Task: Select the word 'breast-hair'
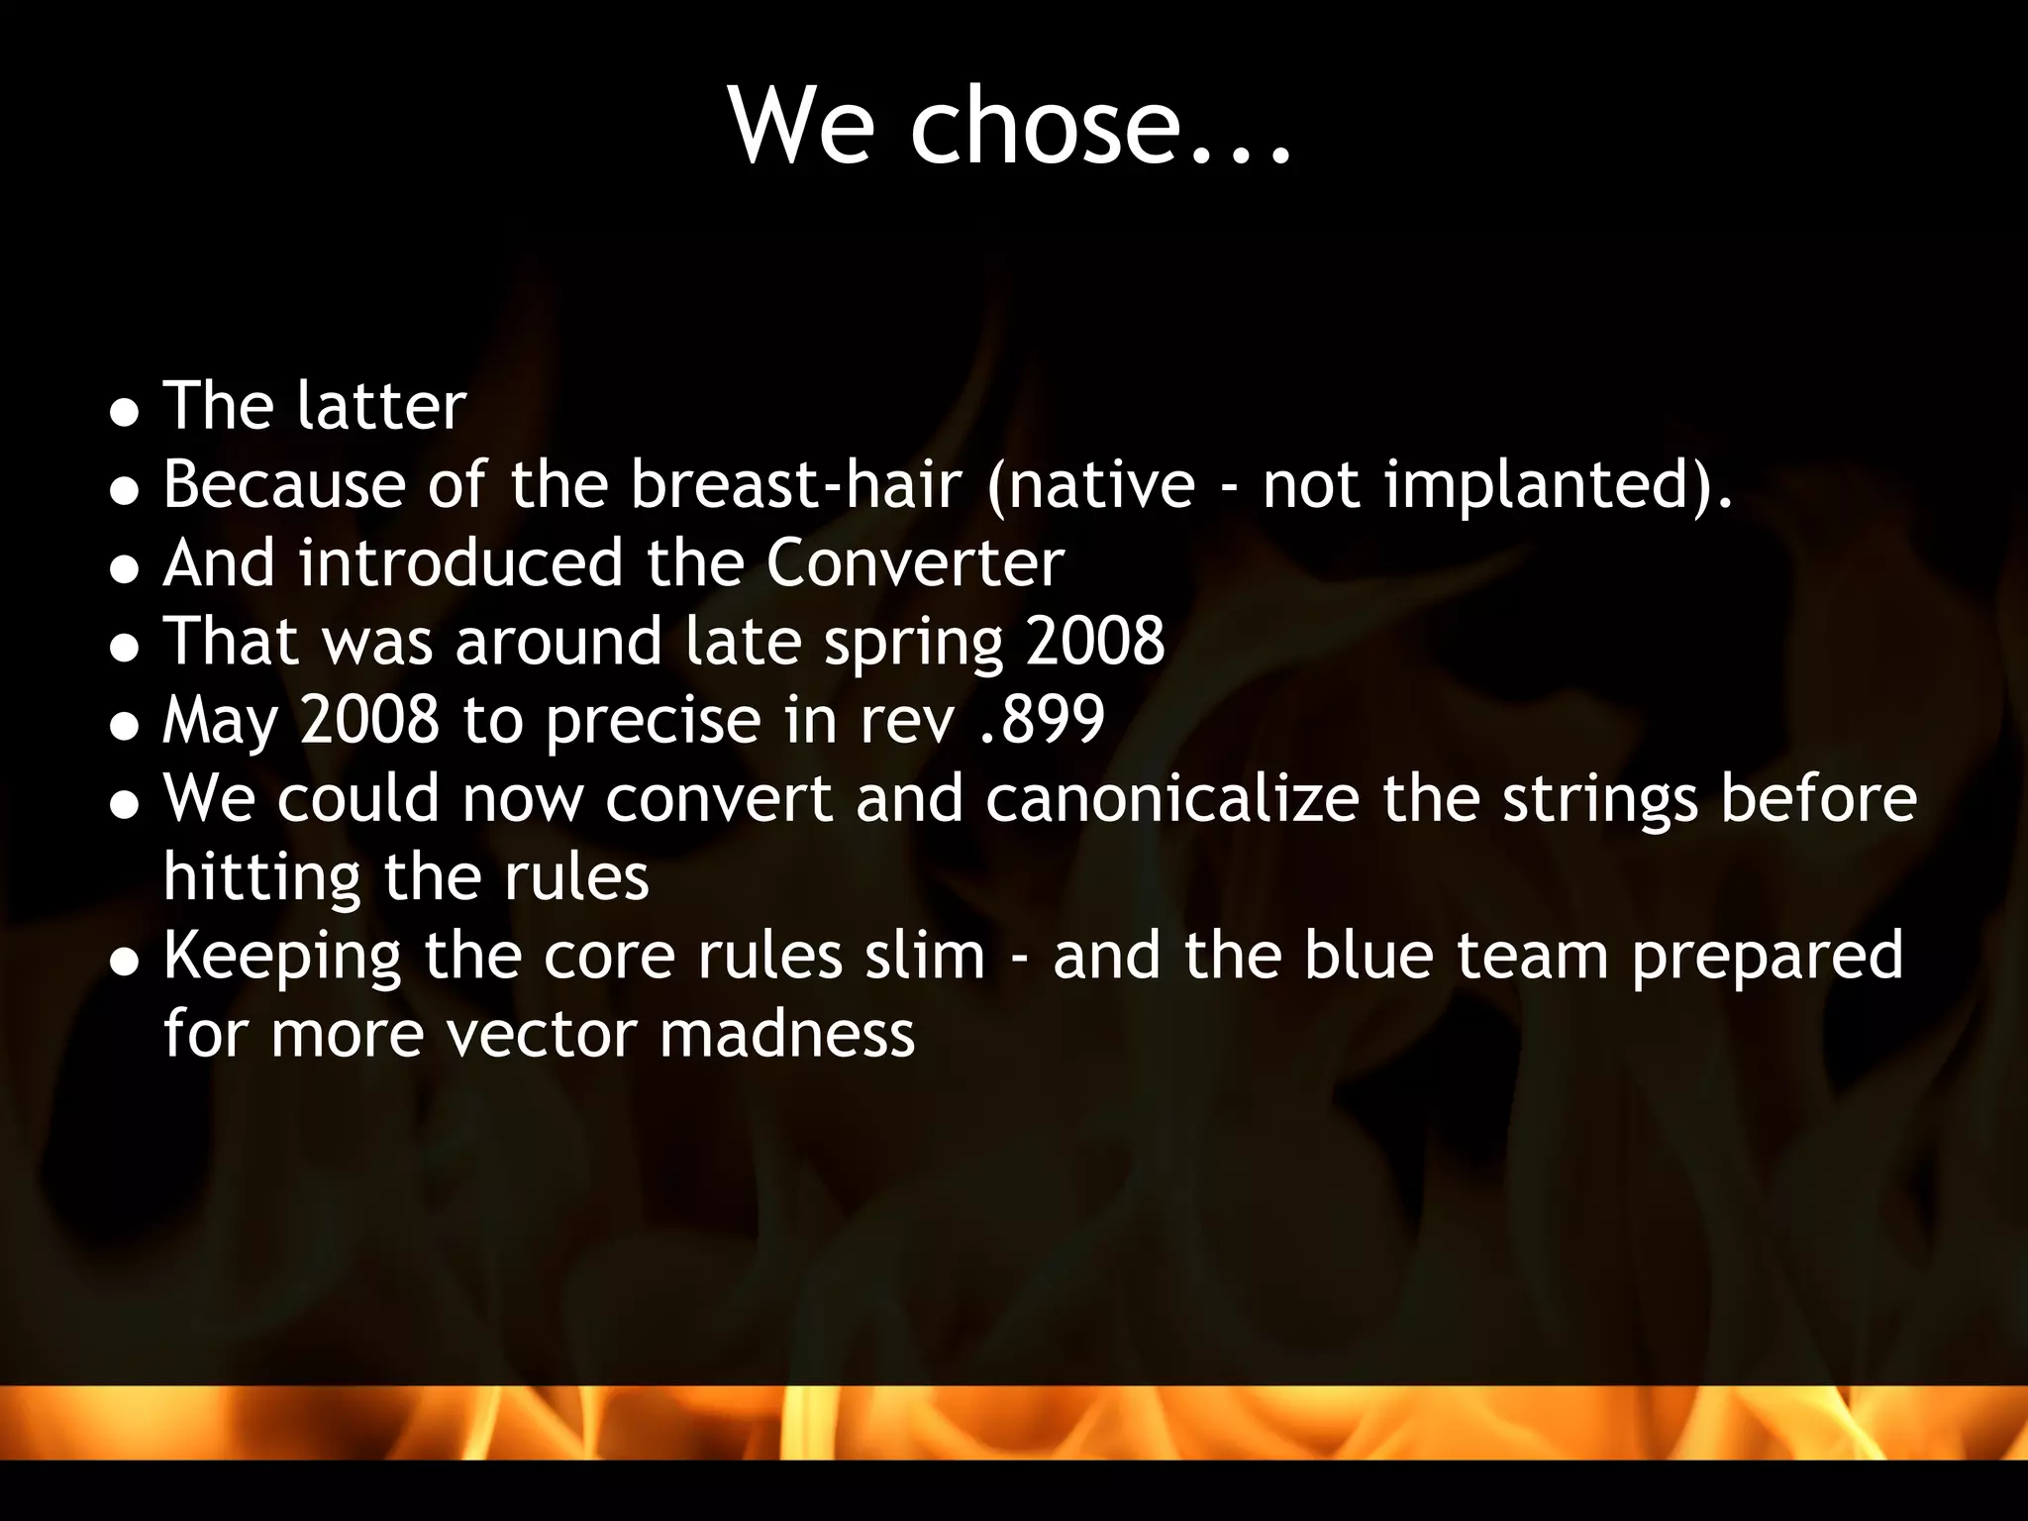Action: point(796,484)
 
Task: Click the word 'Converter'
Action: point(915,562)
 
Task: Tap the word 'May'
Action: point(220,721)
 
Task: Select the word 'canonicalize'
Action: point(1172,798)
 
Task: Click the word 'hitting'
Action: point(261,878)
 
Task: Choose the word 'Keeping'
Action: point(282,958)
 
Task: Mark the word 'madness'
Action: point(787,1034)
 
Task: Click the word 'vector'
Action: point(542,1034)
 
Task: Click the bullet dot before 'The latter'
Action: point(124,411)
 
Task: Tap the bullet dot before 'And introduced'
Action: point(124,568)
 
